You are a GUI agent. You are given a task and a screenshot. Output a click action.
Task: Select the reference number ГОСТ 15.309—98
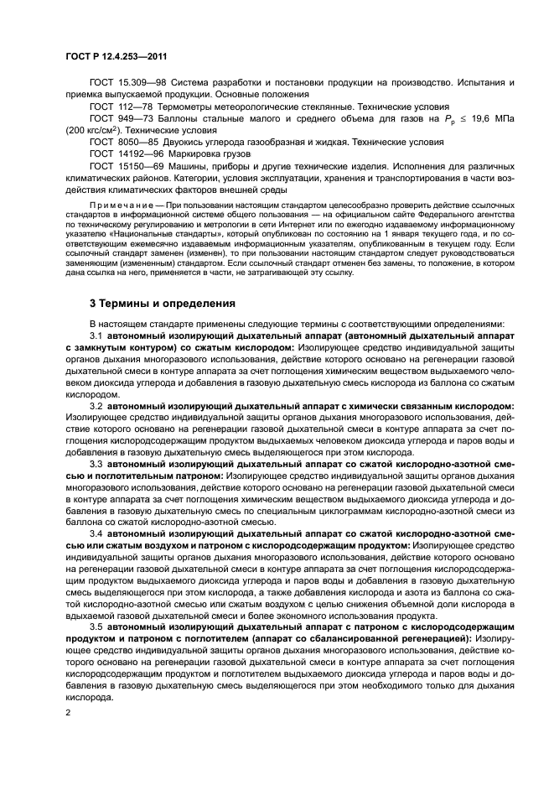126,84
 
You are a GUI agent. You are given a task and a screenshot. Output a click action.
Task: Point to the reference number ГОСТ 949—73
119,119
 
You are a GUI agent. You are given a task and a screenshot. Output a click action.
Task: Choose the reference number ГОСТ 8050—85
122,143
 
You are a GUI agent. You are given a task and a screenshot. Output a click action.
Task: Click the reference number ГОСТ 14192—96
125,155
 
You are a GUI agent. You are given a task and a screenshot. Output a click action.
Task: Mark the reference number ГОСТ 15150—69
125,167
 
